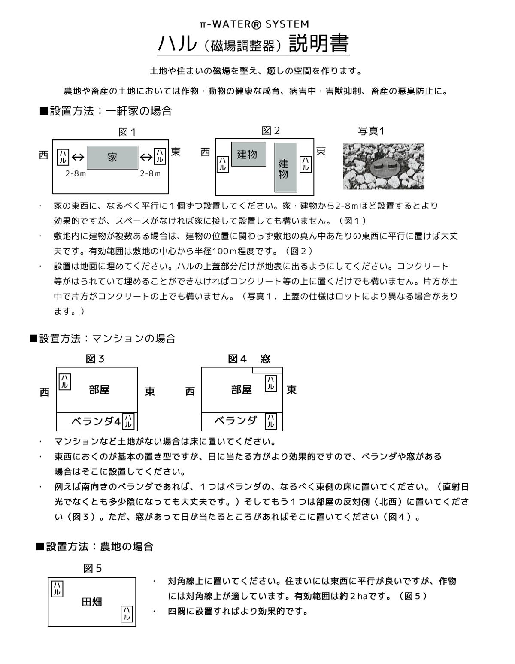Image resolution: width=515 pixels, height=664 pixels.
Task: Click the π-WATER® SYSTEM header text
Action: point(254,24)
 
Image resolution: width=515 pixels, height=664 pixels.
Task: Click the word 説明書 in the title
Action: point(319,43)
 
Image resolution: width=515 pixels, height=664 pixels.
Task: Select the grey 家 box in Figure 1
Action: point(112,158)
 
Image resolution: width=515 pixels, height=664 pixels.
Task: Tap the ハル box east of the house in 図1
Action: point(159,157)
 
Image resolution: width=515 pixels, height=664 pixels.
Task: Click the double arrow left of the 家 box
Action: point(78,158)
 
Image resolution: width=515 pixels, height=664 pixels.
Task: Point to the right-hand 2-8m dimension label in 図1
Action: point(150,173)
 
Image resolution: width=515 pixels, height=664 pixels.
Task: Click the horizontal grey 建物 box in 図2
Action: point(248,154)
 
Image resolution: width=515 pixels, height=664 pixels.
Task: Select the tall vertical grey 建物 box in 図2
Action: point(285,167)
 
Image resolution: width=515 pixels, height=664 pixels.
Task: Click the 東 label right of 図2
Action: point(321,151)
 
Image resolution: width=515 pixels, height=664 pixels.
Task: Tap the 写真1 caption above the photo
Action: point(371,131)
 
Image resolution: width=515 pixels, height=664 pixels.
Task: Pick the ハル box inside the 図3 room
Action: point(65,381)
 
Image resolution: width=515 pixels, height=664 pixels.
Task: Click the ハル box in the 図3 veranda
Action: point(128,421)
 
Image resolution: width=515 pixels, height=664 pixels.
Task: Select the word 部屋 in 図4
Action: point(242,390)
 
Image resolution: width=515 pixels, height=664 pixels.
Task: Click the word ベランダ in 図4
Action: point(236,421)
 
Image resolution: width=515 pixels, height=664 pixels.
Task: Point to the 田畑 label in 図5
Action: point(92,602)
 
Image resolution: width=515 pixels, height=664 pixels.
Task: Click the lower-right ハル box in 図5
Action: point(126,613)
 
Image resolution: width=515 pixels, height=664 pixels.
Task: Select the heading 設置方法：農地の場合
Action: point(94,546)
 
